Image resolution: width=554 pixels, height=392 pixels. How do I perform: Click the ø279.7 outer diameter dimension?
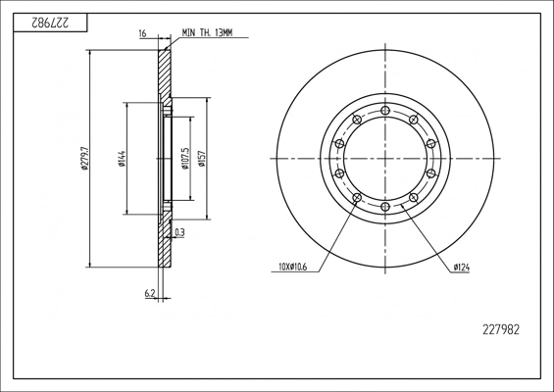[84, 158]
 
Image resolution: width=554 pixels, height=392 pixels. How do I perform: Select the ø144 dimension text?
[122, 159]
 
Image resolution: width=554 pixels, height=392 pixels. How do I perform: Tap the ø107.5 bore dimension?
[185, 159]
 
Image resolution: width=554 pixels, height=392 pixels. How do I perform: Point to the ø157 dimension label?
[202, 159]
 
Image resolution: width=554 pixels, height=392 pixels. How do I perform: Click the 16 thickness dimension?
[143, 33]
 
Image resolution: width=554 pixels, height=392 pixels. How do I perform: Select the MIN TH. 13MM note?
[208, 33]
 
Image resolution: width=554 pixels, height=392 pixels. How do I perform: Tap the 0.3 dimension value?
[179, 232]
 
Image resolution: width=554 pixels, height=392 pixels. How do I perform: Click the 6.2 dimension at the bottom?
[149, 293]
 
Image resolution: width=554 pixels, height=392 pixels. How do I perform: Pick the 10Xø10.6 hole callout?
[292, 267]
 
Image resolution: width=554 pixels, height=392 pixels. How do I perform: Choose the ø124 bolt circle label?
[462, 268]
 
